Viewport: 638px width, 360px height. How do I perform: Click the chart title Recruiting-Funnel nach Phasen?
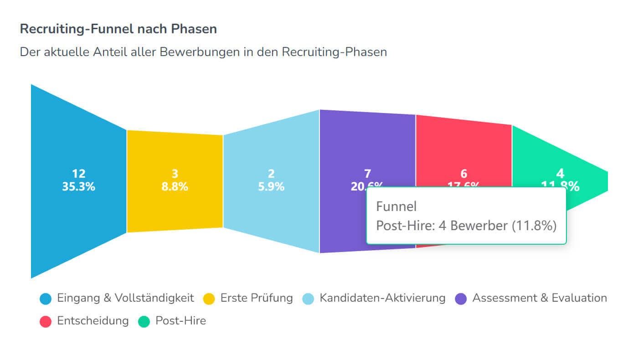pos(118,29)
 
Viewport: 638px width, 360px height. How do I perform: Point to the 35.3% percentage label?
pos(78,186)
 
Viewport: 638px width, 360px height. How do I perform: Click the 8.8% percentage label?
pos(175,186)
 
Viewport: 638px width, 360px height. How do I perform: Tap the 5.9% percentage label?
pos(271,186)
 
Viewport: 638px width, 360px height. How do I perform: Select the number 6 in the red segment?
pos(463,174)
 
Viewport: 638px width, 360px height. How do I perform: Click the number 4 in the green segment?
pos(560,174)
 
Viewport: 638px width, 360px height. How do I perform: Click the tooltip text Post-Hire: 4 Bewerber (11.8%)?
pos(466,226)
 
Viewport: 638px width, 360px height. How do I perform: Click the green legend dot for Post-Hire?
pos(144,321)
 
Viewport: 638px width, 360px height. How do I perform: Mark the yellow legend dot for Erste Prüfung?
pos(209,299)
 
